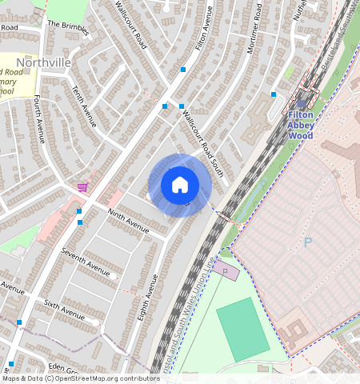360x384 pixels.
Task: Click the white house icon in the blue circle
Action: click(x=180, y=185)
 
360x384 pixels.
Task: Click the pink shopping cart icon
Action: click(x=82, y=187)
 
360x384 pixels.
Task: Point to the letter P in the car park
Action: click(x=308, y=242)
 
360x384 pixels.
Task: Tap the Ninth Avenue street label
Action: click(x=128, y=221)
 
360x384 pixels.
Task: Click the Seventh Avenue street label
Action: click(x=85, y=263)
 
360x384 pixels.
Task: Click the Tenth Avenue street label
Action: click(x=83, y=106)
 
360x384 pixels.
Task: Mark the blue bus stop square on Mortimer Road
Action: click(x=274, y=94)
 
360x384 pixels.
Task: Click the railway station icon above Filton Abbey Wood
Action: click(x=301, y=102)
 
